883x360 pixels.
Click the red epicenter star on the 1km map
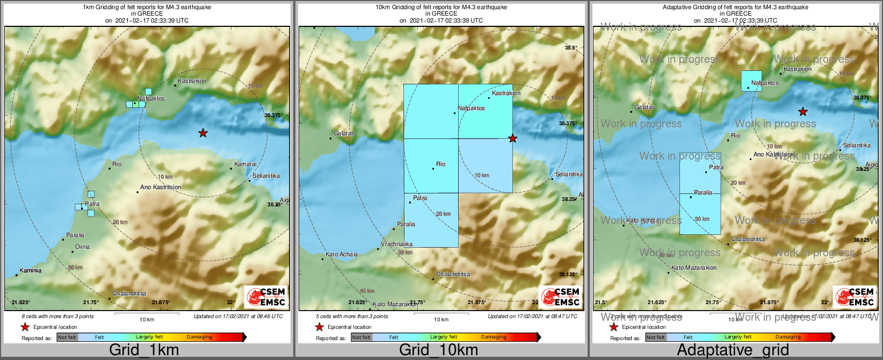point(202,133)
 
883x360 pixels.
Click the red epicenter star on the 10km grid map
point(512,139)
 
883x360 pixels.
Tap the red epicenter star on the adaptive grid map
point(802,112)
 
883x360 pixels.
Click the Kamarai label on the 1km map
point(245,164)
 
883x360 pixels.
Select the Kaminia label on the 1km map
point(30,270)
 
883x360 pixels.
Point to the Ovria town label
point(82,247)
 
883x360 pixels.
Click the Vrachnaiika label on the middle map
point(396,244)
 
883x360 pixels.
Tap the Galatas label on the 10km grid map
point(344,133)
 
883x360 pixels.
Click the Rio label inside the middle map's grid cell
point(440,164)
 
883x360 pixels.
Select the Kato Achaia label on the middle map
point(342,254)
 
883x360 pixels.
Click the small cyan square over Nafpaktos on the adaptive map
point(751,81)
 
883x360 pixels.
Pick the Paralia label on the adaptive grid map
point(703,192)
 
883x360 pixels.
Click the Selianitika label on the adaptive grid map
point(857,145)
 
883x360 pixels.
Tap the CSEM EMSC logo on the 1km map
point(266,297)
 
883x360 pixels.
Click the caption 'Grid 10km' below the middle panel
point(438,350)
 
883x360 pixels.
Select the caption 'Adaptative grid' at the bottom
point(733,350)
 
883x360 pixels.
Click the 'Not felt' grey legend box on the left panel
point(67,337)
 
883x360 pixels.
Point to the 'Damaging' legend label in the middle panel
point(494,337)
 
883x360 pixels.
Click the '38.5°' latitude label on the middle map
point(570,48)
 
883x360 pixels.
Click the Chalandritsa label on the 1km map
point(129,293)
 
